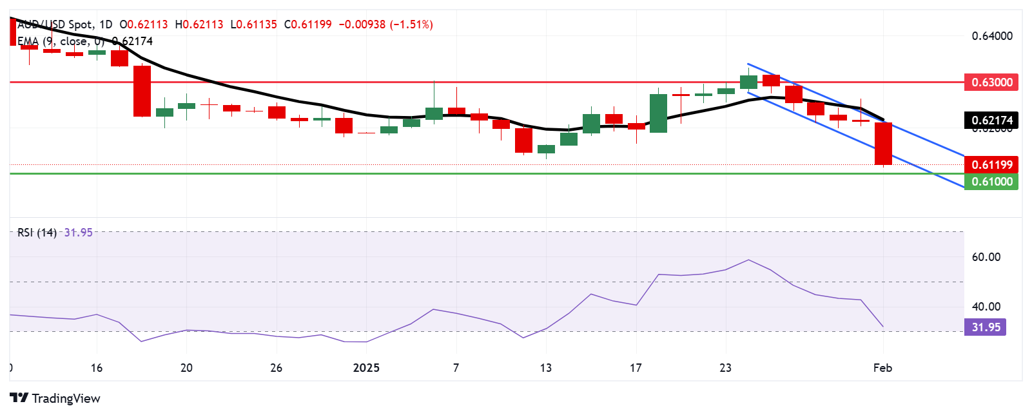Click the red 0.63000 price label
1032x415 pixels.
[991, 82]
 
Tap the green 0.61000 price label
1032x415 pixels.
[991, 182]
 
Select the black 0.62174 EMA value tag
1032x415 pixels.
[991, 120]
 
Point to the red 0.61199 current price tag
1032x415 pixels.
[991, 165]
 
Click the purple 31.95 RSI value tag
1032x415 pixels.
[986, 327]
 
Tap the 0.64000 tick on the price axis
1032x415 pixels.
[991, 36]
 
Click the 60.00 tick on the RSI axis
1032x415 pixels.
[986, 257]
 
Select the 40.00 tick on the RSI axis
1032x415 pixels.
[986, 307]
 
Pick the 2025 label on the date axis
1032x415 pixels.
[366, 368]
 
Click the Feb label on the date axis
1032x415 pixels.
[882, 368]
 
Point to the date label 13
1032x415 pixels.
[546, 368]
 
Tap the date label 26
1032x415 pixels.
[276, 368]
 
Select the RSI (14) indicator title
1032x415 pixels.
[37, 233]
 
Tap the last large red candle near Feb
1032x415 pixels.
[882, 143]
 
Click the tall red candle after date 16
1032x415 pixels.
[142, 91]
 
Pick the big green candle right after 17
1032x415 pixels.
[658, 113]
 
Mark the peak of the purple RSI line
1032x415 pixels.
[748, 260]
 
